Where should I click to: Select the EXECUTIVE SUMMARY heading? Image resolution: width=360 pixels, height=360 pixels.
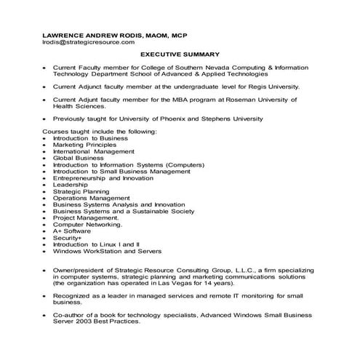point(180,54)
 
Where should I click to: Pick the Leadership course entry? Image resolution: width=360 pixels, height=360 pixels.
point(70,185)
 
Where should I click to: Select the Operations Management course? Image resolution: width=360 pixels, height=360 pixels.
point(91,198)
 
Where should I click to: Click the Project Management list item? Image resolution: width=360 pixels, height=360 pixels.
point(86,218)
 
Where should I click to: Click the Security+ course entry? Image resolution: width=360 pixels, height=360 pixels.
point(68,238)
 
